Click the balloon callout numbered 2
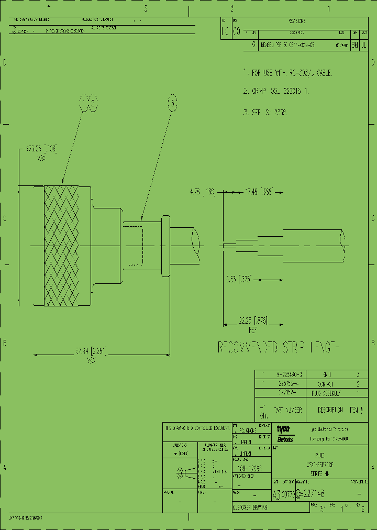92,104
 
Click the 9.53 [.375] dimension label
239,279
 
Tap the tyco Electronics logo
285,433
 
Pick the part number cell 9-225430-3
288,374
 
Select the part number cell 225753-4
288,384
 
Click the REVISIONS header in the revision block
296,21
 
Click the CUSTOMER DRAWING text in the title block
250,508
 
